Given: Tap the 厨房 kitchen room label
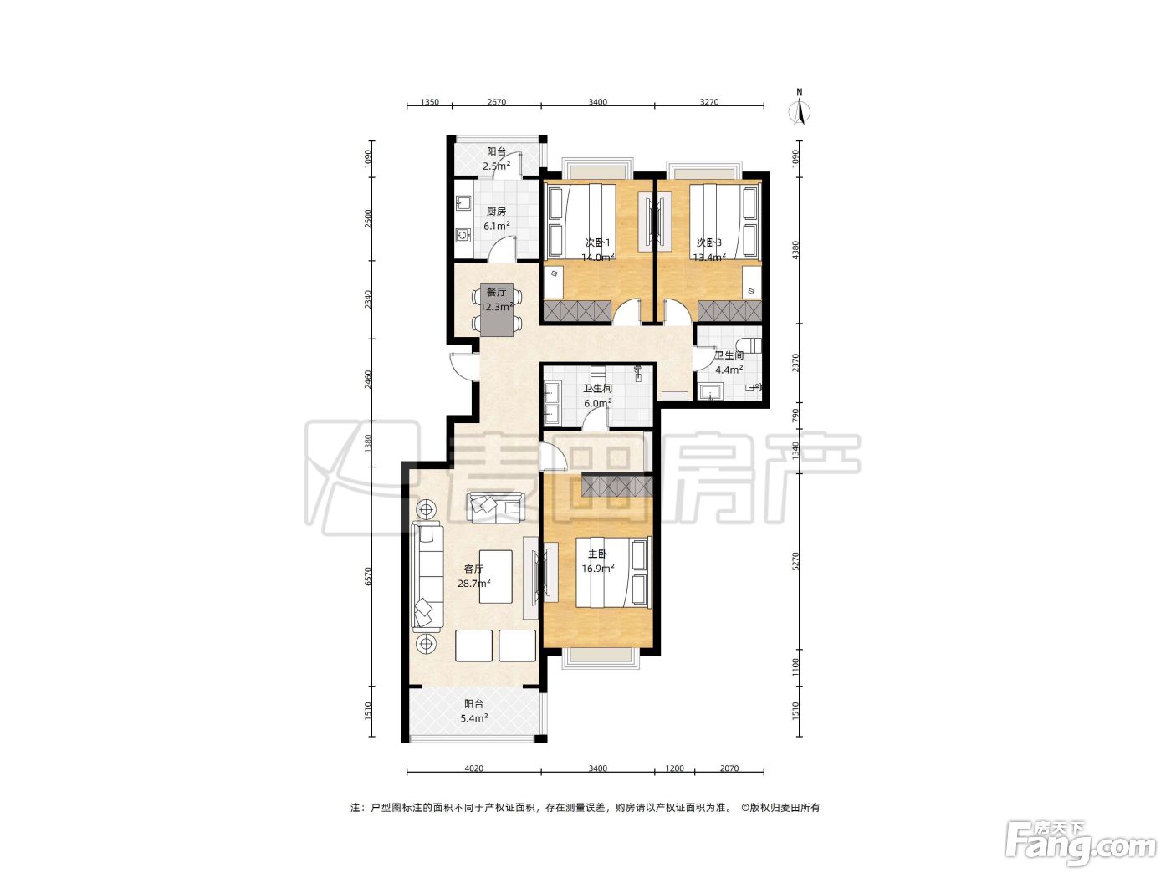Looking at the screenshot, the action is (x=496, y=212).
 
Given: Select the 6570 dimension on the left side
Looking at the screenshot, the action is (x=367, y=577).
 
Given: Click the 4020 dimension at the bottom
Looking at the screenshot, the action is (x=473, y=768).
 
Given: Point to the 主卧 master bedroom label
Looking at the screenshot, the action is (x=597, y=554).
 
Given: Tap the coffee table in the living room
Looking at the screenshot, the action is (x=496, y=577).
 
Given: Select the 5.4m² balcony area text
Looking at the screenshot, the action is (x=474, y=718).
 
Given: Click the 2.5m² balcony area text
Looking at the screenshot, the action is (x=497, y=166).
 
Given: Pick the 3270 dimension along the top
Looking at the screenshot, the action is (x=709, y=102).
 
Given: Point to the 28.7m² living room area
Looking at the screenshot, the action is (x=474, y=583).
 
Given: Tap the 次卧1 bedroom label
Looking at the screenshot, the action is (x=597, y=242).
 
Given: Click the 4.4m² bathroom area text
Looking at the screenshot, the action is (x=729, y=370).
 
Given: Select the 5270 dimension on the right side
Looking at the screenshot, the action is (x=795, y=561).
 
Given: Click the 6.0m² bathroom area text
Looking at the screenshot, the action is (x=597, y=403).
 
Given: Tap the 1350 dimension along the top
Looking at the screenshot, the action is (x=429, y=102).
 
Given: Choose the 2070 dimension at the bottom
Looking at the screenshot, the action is (x=729, y=768).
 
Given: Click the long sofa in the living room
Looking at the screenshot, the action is (x=427, y=576).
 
